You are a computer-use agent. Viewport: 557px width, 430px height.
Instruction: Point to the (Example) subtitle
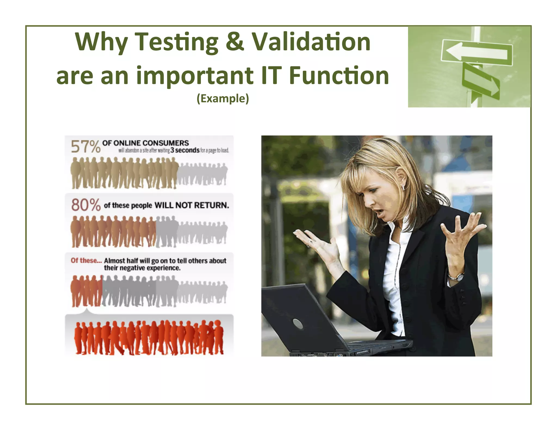tap(223, 98)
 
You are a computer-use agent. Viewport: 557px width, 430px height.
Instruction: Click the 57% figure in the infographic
tap(85, 147)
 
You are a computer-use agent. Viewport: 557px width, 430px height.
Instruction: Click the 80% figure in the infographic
tap(86, 205)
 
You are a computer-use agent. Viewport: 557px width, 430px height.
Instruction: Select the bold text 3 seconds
tap(185, 150)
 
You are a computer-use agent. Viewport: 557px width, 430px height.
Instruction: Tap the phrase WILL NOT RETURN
tap(192, 205)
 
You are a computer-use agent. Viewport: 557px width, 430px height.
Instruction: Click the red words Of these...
tap(86, 260)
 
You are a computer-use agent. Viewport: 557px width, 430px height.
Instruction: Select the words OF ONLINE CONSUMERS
tap(146, 143)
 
